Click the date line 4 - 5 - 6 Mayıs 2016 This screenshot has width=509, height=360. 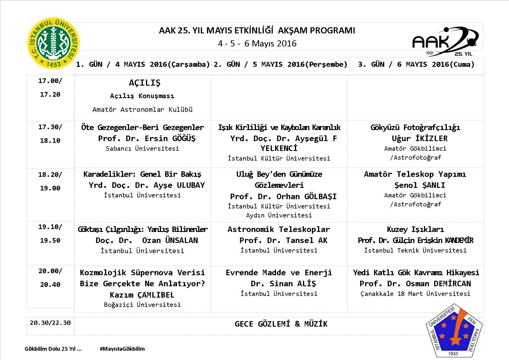click(257, 44)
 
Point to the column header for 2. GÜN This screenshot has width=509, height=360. click(280, 64)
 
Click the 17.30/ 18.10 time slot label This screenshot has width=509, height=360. click(50, 134)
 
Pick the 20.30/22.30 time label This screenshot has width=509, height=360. click(50, 323)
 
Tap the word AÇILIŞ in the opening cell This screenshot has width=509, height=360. click(145, 83)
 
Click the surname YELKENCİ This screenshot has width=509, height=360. click(279, 148)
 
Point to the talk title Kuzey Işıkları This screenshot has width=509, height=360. click(415, 229)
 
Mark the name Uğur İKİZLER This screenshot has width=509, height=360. click(415, 138)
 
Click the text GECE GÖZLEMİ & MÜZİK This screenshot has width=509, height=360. click(281, 324)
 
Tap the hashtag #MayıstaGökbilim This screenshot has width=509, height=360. click(122, 349)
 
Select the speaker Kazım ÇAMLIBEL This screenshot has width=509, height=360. click(142, 295)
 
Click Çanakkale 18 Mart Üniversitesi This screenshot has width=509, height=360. click(415, 294)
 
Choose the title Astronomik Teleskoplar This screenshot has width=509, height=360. click(279, 229)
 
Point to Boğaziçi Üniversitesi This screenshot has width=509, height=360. click(142, 305)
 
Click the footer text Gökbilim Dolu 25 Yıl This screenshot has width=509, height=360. click(53, 349)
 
